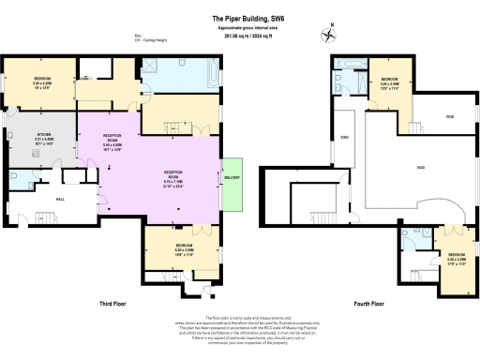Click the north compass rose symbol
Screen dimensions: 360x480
point(327,36)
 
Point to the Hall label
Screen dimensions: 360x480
point(35,200)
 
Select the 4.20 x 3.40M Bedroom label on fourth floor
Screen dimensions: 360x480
point(389,82)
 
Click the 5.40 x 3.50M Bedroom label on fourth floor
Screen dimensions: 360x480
point(455,258)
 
